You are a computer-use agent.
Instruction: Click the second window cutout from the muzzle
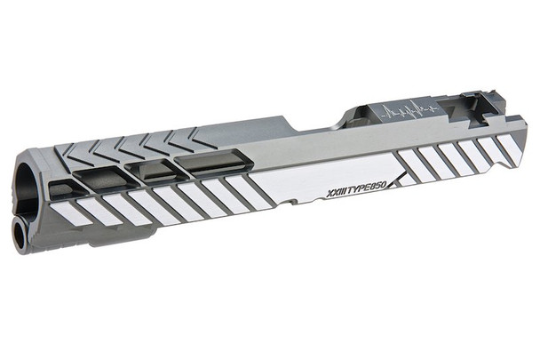pyautogui.click(x=101, y=178)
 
